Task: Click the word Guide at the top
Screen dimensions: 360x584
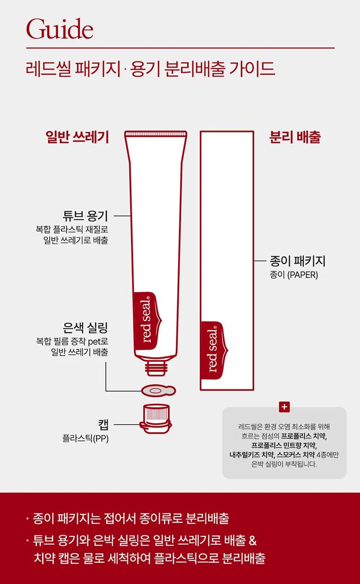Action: (60, 29)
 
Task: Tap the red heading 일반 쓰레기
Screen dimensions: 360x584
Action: (77, 137)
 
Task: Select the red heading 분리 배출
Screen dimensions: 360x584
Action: (295, 137)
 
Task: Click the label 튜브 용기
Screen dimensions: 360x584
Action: (85, 215)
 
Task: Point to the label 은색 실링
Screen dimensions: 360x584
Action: (85, 328)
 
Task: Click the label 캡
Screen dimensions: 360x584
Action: (103, 424)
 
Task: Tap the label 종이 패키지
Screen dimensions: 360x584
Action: (298, 261)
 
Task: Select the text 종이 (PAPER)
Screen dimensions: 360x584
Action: (294, 275)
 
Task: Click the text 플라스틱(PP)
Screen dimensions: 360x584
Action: (85, 439)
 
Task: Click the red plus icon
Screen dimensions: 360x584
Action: (284, 407)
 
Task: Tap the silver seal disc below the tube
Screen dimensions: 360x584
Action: (158, 391)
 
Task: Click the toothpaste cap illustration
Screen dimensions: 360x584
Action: (156, 419)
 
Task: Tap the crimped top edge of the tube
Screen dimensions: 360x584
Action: (156, 134)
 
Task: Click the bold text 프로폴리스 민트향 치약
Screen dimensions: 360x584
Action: (284, 445)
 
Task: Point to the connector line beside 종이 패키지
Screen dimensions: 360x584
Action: (260, 261)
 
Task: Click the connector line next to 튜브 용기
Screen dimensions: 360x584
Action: (122, 216)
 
